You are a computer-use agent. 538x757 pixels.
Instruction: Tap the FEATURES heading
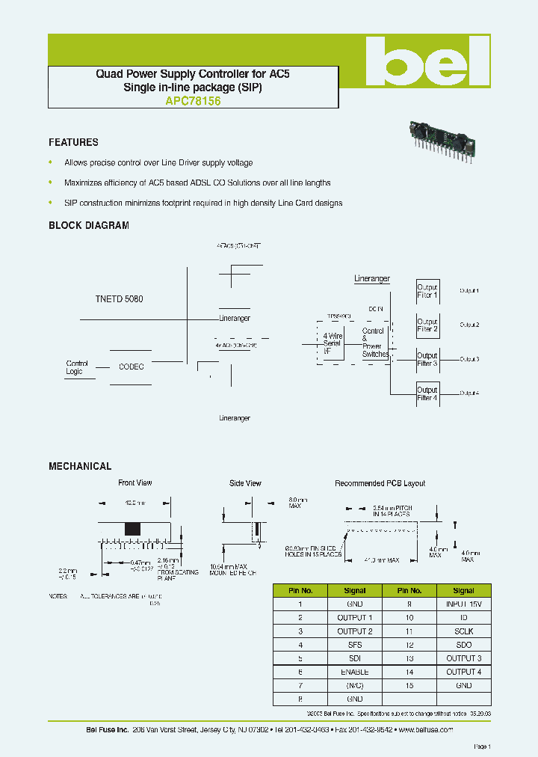pos(73,142)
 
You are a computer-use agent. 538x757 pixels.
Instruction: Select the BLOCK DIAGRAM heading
pos(89,225)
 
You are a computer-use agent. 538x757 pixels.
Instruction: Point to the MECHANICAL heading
pos(80,466)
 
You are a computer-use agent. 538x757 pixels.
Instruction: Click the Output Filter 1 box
pos(427,291)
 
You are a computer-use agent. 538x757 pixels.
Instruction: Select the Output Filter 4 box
pos(427,393)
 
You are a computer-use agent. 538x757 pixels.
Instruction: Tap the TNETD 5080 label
pos(119,298)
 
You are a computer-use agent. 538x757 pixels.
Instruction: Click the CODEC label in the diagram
pos(132,367)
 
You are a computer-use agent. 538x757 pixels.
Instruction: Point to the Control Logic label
pos(77,367)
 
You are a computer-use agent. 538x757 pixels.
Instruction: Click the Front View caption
pos(135,483)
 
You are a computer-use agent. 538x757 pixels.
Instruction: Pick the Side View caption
pos(245,483)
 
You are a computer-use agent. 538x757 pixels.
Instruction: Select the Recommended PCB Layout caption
pos(380,483)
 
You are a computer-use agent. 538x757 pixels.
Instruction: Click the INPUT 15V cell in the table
pos(464,604)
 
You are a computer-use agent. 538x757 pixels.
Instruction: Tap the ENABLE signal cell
pos(355,672)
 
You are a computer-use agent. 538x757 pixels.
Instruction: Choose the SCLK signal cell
pos(464,631)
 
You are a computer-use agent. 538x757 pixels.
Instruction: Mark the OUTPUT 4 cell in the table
pos(464,672)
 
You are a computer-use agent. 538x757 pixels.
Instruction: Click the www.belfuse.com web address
pos(425,729)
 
